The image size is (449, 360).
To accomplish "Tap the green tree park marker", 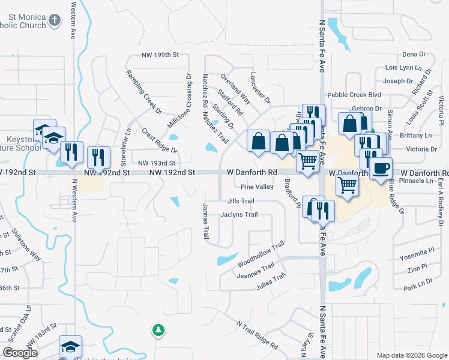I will [158, 330].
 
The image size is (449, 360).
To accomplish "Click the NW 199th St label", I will [160, 55].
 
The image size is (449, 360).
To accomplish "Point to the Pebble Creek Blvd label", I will [354, 95].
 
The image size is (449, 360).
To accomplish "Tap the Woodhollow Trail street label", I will [260, 255].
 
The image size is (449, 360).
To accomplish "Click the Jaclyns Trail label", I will [239, 214].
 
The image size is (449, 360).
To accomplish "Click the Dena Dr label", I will [414, 55].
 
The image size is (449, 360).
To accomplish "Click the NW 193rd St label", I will [156, 163].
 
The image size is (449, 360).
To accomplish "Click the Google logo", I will [20, 353].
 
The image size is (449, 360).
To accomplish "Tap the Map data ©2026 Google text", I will [412, 355].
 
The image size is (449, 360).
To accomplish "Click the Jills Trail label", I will [241, 201].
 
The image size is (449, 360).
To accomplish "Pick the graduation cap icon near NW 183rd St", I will [70, 347].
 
